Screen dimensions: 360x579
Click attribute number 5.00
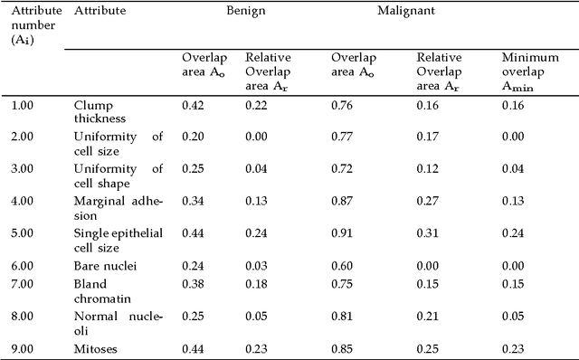24,232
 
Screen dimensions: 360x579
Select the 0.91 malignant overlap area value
343,232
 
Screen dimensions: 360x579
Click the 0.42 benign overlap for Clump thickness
193,105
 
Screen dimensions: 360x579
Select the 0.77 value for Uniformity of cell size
343,137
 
